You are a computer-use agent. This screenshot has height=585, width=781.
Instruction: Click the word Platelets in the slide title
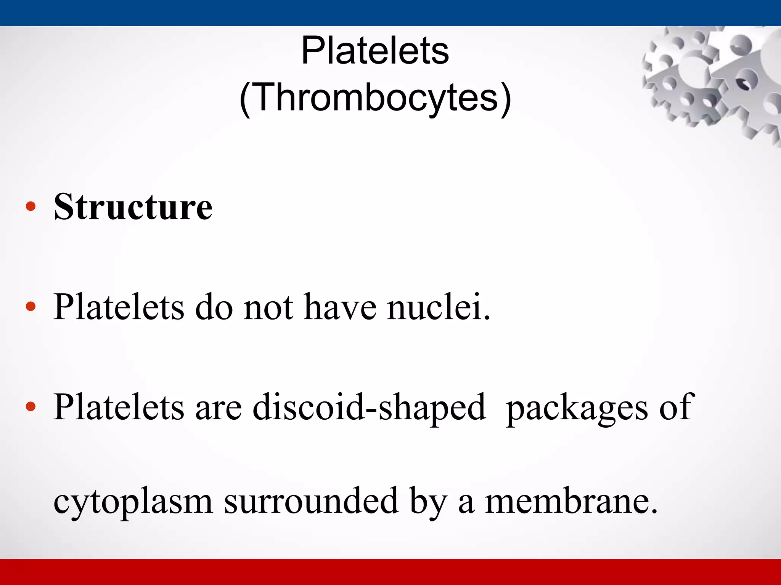coord(375,51)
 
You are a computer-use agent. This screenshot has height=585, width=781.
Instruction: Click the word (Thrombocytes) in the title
coord(375,97)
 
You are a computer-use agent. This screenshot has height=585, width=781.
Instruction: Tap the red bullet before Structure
coord(31,207)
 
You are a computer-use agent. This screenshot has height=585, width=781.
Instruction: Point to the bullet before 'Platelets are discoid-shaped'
coord(31,407)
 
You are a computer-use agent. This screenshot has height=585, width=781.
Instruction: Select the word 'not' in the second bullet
coord(268,307)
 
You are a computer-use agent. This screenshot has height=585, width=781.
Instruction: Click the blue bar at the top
coord(390,13)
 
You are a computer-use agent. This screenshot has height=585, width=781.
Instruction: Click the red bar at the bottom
coord(390,572)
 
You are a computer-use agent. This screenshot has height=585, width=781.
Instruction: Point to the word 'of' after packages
coord(675,407)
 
